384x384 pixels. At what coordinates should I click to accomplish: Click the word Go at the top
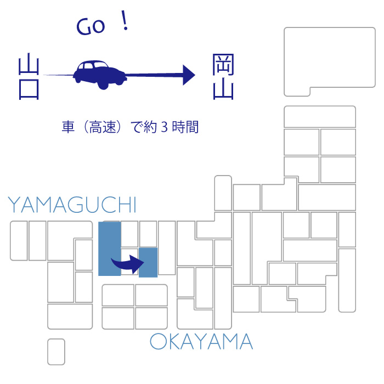(x=91, y=26)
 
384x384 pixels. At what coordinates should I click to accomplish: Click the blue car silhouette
(x=100, y=75)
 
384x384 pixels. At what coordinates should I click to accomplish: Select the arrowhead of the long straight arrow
(x=189, y=75)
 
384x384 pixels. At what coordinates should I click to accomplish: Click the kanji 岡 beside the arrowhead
(x=223, y=64)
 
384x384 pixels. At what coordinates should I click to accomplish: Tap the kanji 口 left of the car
(x=29, y=89)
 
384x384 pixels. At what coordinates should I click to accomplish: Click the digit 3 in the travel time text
(x=165, y=127)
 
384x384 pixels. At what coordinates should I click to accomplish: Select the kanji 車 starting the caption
(x=68, y=127)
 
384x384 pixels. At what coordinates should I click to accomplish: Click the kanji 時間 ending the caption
(x=185, y=127)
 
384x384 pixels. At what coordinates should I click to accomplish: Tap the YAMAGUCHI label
(x=72, y=205)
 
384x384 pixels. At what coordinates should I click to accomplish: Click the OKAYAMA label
(x=201, y=341)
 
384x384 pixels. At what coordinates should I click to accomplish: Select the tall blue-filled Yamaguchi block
(x=110, y=249)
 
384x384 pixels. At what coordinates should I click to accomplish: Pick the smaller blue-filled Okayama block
(x=148, y=263)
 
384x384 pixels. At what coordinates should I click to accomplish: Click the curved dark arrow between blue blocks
(x=128, y=264)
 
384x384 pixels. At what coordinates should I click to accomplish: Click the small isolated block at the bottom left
(x=56, y=352)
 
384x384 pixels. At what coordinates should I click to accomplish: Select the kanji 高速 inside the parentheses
(x=103, y=127)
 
